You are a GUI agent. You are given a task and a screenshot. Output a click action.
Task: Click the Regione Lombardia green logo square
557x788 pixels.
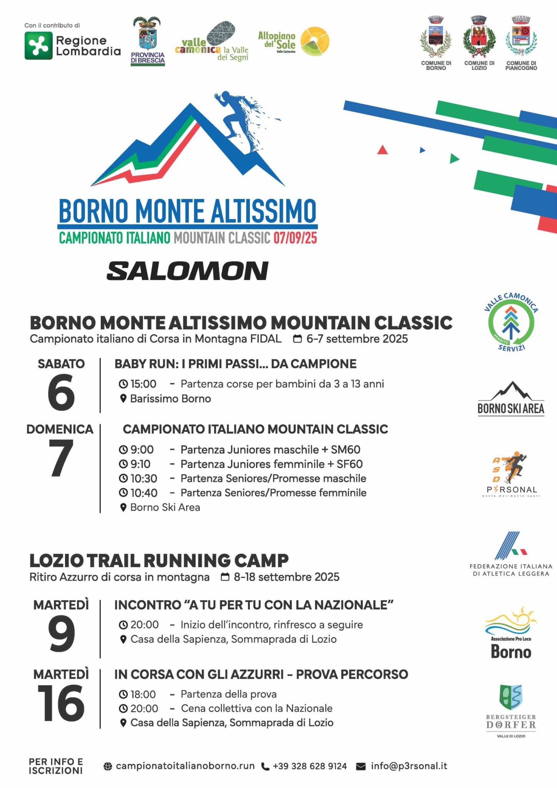(x=38, y=46)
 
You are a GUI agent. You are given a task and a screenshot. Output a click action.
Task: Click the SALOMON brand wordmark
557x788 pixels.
(x=188, y=271)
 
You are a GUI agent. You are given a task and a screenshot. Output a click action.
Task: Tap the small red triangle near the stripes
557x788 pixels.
(x=382, y=150)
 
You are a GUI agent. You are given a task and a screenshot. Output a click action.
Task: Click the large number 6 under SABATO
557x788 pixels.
(x=61, y=392)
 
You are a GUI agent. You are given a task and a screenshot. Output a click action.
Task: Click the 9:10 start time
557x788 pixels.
(x=140, y=464)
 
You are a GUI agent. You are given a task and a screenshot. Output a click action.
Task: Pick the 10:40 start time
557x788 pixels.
(x=144, y=493)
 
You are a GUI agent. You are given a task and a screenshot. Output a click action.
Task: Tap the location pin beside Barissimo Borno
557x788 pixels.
(x=123, y=399)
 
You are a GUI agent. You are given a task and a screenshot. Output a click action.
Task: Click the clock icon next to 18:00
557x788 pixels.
(x=123, y=695)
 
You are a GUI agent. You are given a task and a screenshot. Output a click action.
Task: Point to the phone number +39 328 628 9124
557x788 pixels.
(x=309, y=766)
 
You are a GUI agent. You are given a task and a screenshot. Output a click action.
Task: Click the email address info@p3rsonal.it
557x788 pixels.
(x=409, y=766)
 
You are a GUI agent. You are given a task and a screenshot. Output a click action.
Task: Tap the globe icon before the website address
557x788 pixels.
(x=108, y=766)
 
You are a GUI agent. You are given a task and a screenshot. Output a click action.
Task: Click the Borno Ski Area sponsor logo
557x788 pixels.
(x=511, y=398)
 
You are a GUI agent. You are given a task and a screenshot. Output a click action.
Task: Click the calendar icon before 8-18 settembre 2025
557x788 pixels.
(x=226, y=577)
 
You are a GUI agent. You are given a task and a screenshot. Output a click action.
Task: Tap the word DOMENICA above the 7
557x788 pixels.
(x=60, y=429)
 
